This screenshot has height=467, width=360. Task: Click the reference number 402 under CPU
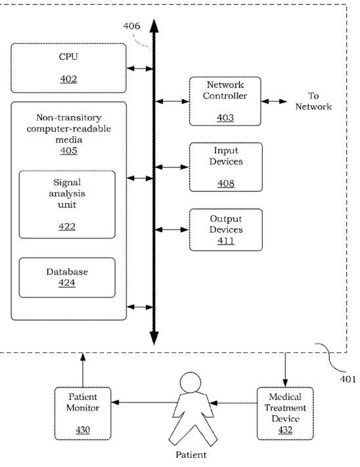point(68,79)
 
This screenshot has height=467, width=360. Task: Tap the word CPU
point(68,56)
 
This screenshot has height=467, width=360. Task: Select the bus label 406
point(131,26)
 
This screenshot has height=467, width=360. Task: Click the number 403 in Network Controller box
point(225,118)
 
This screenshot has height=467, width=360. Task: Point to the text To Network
point(313,101)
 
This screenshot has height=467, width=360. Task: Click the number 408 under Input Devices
point(226,183)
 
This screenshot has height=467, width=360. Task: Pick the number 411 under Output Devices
point(226,240)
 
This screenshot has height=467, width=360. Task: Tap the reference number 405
point(68,150)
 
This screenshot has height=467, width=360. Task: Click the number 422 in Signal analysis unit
point(67,227)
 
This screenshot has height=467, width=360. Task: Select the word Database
point(67,272)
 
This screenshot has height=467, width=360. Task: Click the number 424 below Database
point(67,282)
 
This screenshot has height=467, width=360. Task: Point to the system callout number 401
point(348,379)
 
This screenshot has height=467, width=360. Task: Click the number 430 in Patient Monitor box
point(83,430)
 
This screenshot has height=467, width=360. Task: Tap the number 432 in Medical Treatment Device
point(285,430)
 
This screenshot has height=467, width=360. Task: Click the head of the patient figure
point(191,382)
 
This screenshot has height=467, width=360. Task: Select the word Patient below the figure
point(191,455)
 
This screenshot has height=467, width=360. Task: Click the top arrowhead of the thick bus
point(154,26)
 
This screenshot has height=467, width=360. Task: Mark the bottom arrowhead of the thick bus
point(154,338)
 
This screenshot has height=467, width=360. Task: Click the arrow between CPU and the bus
point(140,69)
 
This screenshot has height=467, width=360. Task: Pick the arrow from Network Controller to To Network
point(274,102)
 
